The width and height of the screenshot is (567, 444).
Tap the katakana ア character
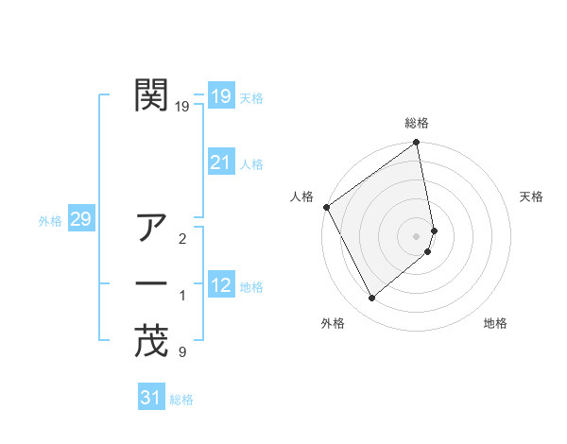(152, 228)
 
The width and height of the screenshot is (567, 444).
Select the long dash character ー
(152, 284)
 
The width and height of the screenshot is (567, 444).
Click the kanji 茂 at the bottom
(152, 341)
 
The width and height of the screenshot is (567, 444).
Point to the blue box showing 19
(220, 95)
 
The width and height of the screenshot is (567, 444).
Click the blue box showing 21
(220, 162)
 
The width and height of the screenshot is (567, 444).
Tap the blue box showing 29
(80, 220)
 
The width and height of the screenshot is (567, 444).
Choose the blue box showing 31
(150, 398)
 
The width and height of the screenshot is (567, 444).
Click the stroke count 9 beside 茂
(181, 353)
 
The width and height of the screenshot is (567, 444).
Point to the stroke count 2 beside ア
(181, 239)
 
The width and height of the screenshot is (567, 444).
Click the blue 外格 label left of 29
(50, 221)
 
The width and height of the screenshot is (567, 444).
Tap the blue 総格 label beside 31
(181, 400)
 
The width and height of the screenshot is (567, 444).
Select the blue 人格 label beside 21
(251, 164)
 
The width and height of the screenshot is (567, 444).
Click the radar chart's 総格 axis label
(417, 123)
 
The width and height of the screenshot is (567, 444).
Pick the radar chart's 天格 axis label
(531, 196)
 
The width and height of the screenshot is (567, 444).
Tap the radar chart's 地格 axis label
(495, 323)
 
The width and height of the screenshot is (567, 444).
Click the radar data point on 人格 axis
(326, 207)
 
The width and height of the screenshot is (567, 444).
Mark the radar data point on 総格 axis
(417, 144)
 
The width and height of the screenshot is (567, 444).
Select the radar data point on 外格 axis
(371, 298)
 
